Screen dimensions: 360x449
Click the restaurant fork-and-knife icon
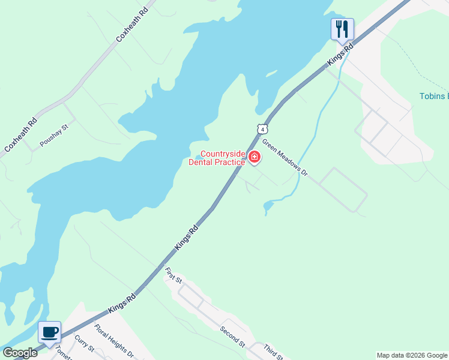pos(342,29)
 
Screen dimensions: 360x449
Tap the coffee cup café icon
pos(49,331)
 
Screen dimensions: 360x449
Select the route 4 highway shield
pos(262,128)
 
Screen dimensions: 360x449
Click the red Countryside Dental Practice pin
pos(255,157)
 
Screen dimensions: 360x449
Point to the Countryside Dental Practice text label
pos(217,158)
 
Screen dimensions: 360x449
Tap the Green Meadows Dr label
pos(285,163)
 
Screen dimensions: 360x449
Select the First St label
pos(173,277)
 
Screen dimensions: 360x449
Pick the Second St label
pos(232,337)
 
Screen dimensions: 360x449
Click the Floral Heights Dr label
pos(114,341)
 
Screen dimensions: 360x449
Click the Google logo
pos(19,353)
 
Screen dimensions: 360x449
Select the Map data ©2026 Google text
pos(412,355)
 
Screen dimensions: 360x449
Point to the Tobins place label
pos(433,97)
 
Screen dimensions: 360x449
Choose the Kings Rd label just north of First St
pos(187,238)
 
